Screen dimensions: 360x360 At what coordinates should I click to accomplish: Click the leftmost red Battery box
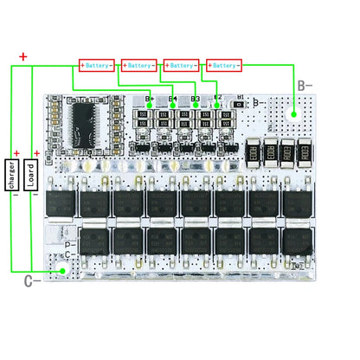tap(99, 65)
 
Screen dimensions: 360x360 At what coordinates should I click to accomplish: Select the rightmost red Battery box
tap(223, 65)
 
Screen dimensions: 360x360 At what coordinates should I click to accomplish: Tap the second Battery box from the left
tap(140, 65)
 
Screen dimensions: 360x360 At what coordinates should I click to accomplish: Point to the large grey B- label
tap(305, 85)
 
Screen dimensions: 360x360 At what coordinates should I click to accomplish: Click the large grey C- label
tap(29, 280)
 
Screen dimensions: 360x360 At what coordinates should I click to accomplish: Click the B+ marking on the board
tap(150, 99)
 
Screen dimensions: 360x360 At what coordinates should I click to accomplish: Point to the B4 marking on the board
tap(173, 99)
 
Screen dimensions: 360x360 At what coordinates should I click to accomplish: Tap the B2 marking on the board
tap(217, 99)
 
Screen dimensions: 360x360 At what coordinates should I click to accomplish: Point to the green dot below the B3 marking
tap(194, 107)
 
